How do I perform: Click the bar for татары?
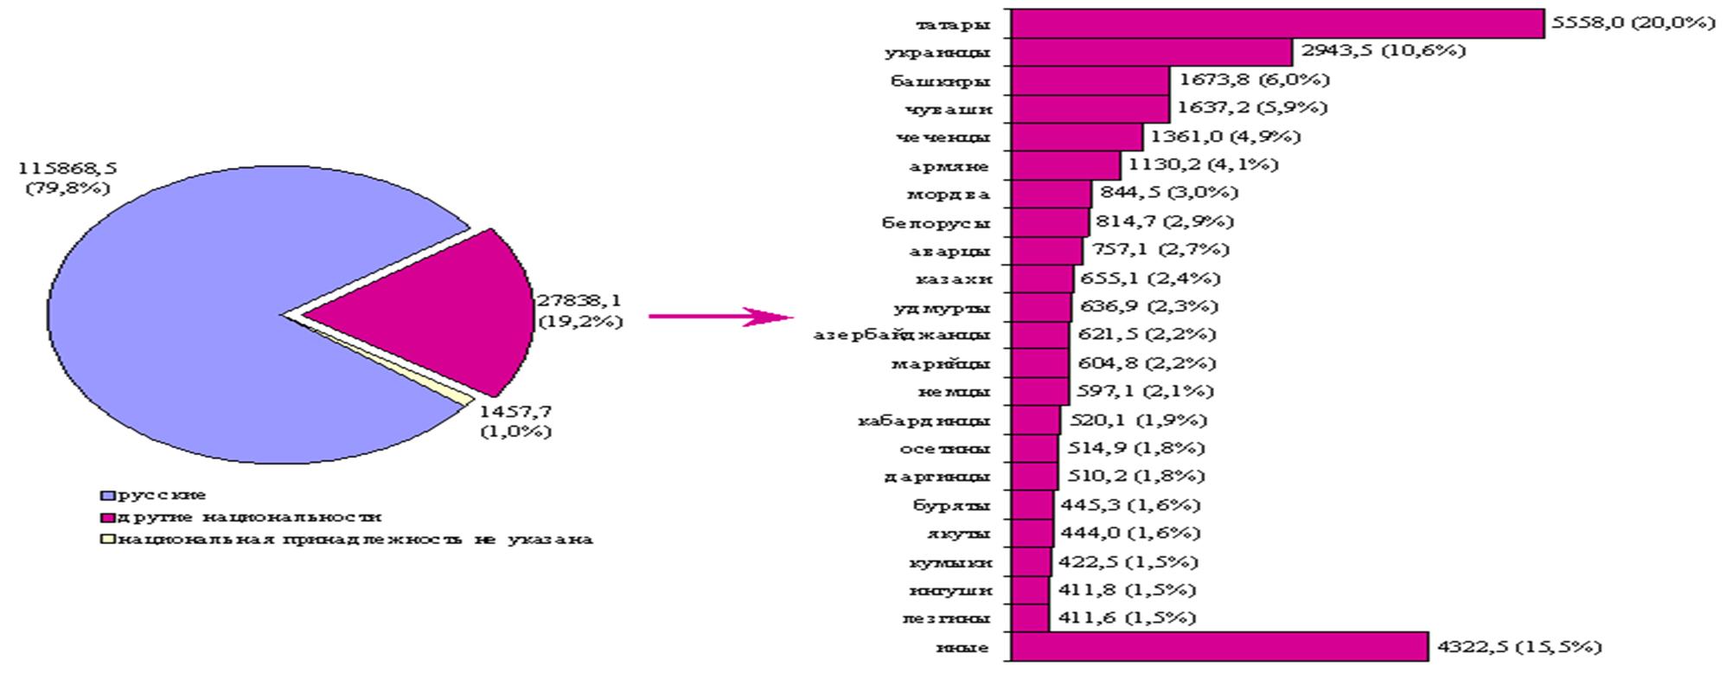click(x=1276, y=23)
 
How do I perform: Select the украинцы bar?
click(x=1150, y=52)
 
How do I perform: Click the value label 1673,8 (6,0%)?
click(x=1254, y=80)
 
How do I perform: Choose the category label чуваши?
click(x=949, y=109)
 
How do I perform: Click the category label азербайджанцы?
click(x=902, y=335)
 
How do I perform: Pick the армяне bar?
click(x=1065, y=165)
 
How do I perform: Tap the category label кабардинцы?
click(x=924, y=421)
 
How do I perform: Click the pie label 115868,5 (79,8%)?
click(x=67, y=178)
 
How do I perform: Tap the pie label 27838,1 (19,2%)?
click(x=579, y=311)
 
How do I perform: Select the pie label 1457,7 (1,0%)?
click(x=516, y=421)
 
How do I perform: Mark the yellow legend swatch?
click(x=107, y=540)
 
